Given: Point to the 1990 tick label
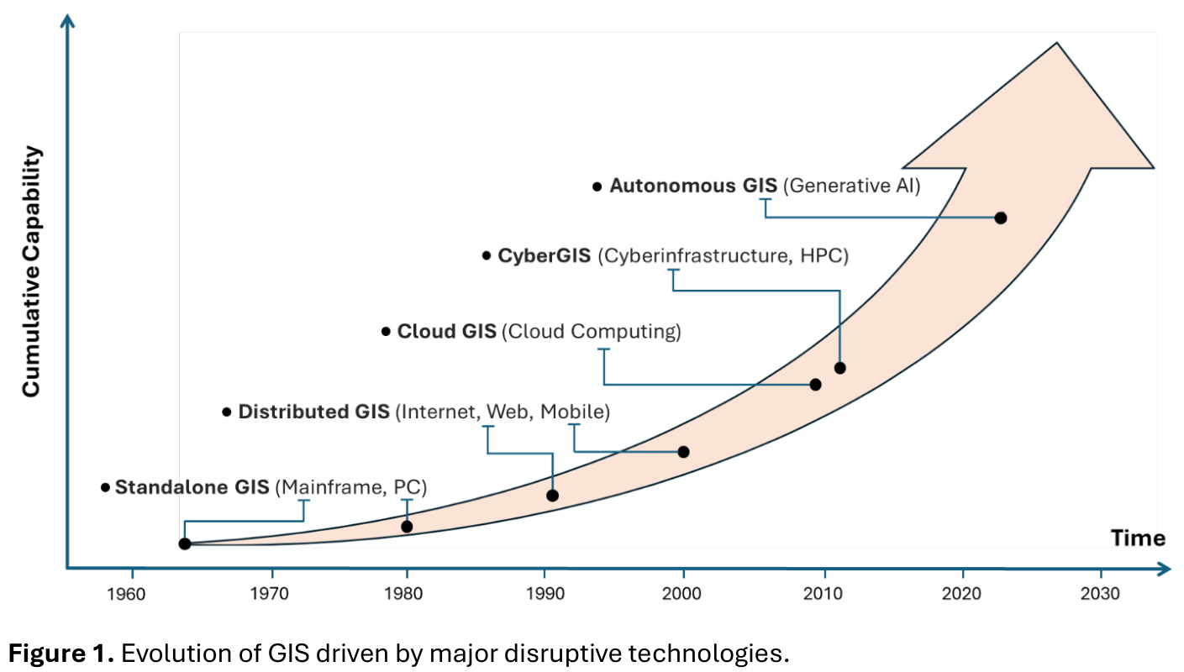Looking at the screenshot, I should pyautogui.click(x=545, y=594).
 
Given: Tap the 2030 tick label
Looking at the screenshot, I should pyautogui.click(x=1100, y=594).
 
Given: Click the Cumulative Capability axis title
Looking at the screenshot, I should pyautogui.click(x=31, y=271).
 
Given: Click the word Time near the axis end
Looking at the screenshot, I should pyautogui.click(x=1138, y=538).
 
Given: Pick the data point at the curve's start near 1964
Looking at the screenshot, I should pyautogui.click(x=185, y=543).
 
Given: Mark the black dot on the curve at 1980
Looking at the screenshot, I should pyautogui.click(x=407, y=527).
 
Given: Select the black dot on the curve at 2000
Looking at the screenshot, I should pyautogui.click(x=683, y=452).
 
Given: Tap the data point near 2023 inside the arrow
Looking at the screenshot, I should pyautogui.click(x=1000, y=218).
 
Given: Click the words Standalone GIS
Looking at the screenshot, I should pyautogui.click(x=192, y=487).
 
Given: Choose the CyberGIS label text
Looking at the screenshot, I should pyautogui.click(x=545, y=255).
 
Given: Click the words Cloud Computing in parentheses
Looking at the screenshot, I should pyautogui.click(x=592, y=332).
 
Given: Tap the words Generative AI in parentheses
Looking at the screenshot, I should pyautogui.click(x=851, y=186).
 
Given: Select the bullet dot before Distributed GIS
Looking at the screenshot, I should pyautogui.click(x=226, y=412).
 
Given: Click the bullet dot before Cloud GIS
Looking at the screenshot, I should pyautogui.click(x=386, y=332).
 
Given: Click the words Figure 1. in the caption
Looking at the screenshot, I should pyautogui.click(x=61, y=653).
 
